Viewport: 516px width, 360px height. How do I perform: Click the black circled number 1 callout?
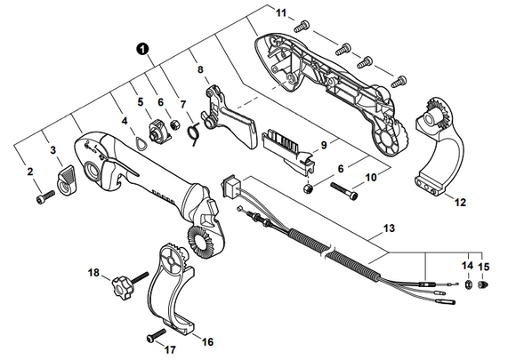pyautogui.click(x=142, y=50)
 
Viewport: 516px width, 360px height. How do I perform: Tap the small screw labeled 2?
pyautogui.click(x=45, y=196)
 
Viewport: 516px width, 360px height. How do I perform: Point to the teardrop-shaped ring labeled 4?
pyautogui.click(x=141, y=143)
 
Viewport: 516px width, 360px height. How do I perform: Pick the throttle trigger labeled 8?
pyautogui.click(x=227, y=118)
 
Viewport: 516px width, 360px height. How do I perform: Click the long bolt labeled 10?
pyautogui.click(x=344, y=191)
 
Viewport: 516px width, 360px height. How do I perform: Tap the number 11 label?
pyautogui.click(x=281, y=13)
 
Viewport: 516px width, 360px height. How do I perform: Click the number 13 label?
pyautogui.click(x=389, y=228)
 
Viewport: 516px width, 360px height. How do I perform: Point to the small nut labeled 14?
pyautogui.click(x=468, y=284)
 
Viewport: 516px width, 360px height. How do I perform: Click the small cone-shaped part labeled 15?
pyautogui.click(x=483, y=284)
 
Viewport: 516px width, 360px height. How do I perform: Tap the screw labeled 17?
pyautogui.click(x=156, y=335)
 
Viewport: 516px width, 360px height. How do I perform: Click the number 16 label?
pyautogui.click(x=207, y=342)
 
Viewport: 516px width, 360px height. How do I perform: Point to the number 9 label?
pyautogui.click(x=324, y=145)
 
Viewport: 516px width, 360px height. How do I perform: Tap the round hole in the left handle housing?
pyautogui.click(x=91, y=171)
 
